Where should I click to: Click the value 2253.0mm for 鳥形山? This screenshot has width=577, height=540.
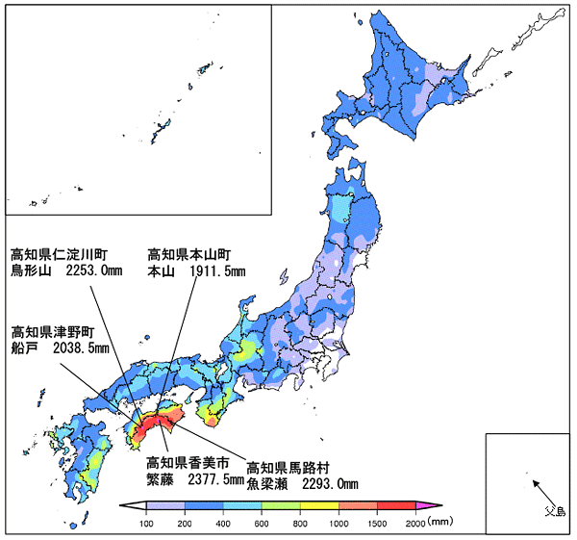(94, 271)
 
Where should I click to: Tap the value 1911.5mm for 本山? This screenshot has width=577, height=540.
(211, 271)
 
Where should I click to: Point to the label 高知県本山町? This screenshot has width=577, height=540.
(189, 255)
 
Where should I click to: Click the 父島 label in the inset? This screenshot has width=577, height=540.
(555, 511)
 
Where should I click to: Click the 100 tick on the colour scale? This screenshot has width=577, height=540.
(148, 523)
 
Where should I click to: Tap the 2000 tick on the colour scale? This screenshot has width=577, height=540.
(415, 523)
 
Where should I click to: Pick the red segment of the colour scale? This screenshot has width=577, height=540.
(396, 506)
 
